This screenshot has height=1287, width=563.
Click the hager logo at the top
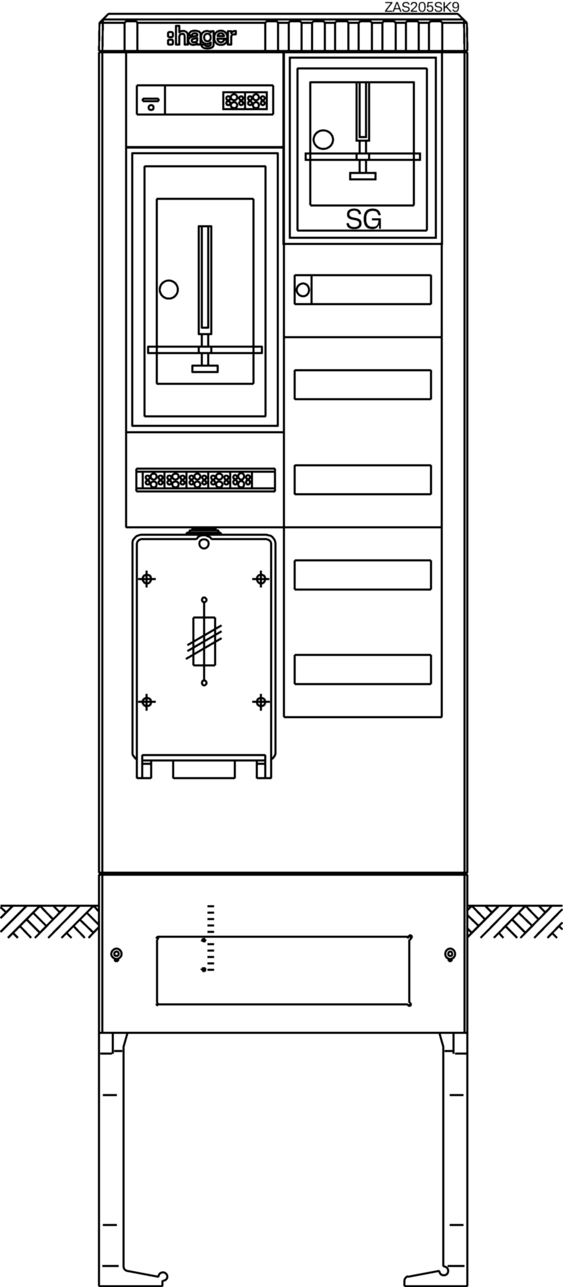pos(201,38)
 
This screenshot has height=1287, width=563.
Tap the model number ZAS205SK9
pos(422,7)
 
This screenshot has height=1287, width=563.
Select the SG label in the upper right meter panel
pos(364,220)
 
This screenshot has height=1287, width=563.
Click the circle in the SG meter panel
pos(323,139)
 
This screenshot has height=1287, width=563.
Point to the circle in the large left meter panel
pos(169,290)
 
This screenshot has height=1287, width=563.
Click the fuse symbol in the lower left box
pos(204,642)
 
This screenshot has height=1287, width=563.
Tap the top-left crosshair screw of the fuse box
pos(147,579)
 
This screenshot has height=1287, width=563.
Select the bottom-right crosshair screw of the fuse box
pos(261,702)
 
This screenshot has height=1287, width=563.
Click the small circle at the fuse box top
pos(204,543)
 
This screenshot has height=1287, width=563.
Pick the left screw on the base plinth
pos(117,955)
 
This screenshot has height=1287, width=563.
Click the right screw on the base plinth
pos(451,955)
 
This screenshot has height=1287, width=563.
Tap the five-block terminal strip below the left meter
pos(205,480)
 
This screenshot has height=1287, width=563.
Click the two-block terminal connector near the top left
pos(245,100)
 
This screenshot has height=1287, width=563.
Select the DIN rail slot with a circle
pos(362,290)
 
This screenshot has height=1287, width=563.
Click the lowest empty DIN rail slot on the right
pos(362,669)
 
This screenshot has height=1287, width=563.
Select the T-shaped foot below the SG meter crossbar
pos(362,176)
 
